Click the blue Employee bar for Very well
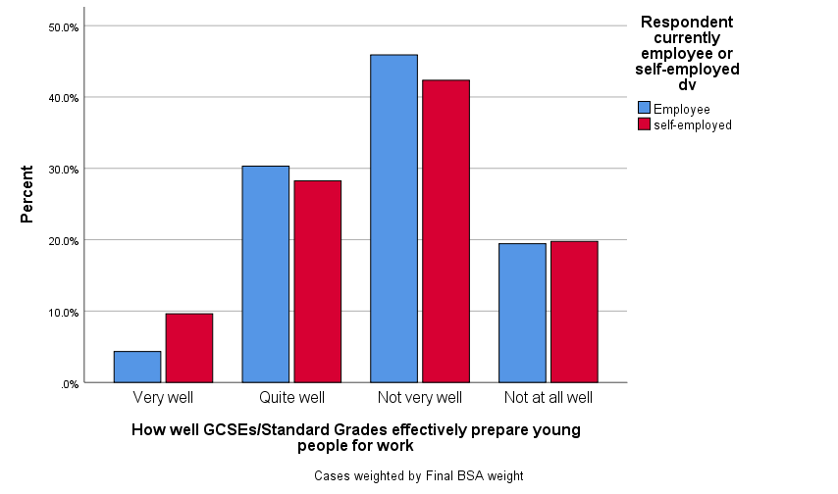pos(137,367)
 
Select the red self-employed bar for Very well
pos(189,348)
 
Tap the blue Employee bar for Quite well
pos(266,274)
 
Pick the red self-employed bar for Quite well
pos(318,281)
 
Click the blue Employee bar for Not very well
pos(393,219)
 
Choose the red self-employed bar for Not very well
pos(445,231)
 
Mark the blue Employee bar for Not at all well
pos(522,313)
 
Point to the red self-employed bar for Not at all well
pos(574,312)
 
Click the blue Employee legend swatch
pos(645,108)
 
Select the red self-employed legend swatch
pos(645,124)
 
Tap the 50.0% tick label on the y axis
pos(64,27)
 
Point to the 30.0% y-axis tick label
pos(64,170)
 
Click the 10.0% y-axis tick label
pos(64,313)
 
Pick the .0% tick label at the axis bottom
pos(68,384)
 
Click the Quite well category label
pos(291,398)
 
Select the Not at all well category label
pos(548,398)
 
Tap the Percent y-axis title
pos(28,195)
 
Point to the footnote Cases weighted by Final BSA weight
pos(419,475)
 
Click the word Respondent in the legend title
pos(686,22)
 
